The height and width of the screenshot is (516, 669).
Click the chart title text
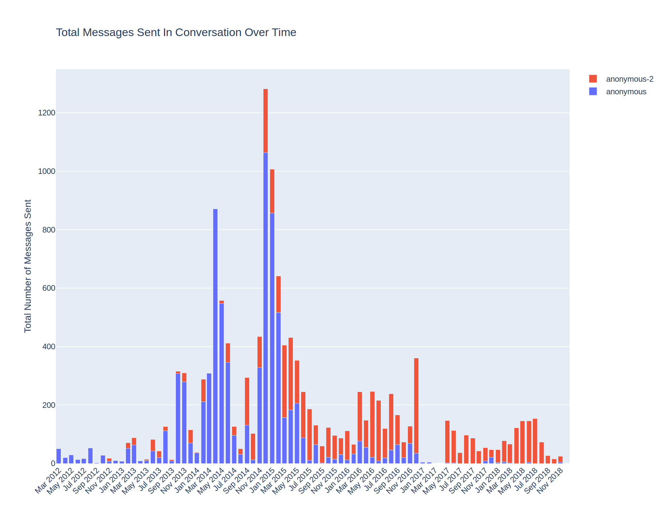[x=176, y=32]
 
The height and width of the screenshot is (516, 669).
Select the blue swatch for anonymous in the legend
[x=593, y=92]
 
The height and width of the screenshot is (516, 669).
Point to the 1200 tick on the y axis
[x=47, y=113]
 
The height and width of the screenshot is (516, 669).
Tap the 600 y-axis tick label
[x=49, y=288]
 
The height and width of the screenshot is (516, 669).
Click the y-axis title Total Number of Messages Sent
[x=28, y=266]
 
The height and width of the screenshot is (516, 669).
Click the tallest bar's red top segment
[x=265, y=121]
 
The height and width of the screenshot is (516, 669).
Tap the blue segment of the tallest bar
[x=265, y=308]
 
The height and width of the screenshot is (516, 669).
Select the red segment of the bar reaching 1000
[x=272, y=191]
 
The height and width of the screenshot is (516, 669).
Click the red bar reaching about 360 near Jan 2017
[x=416, y=405]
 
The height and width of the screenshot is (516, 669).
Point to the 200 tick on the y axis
[x=49, y=405]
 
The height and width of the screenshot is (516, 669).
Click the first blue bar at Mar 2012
[x=59, y=456]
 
